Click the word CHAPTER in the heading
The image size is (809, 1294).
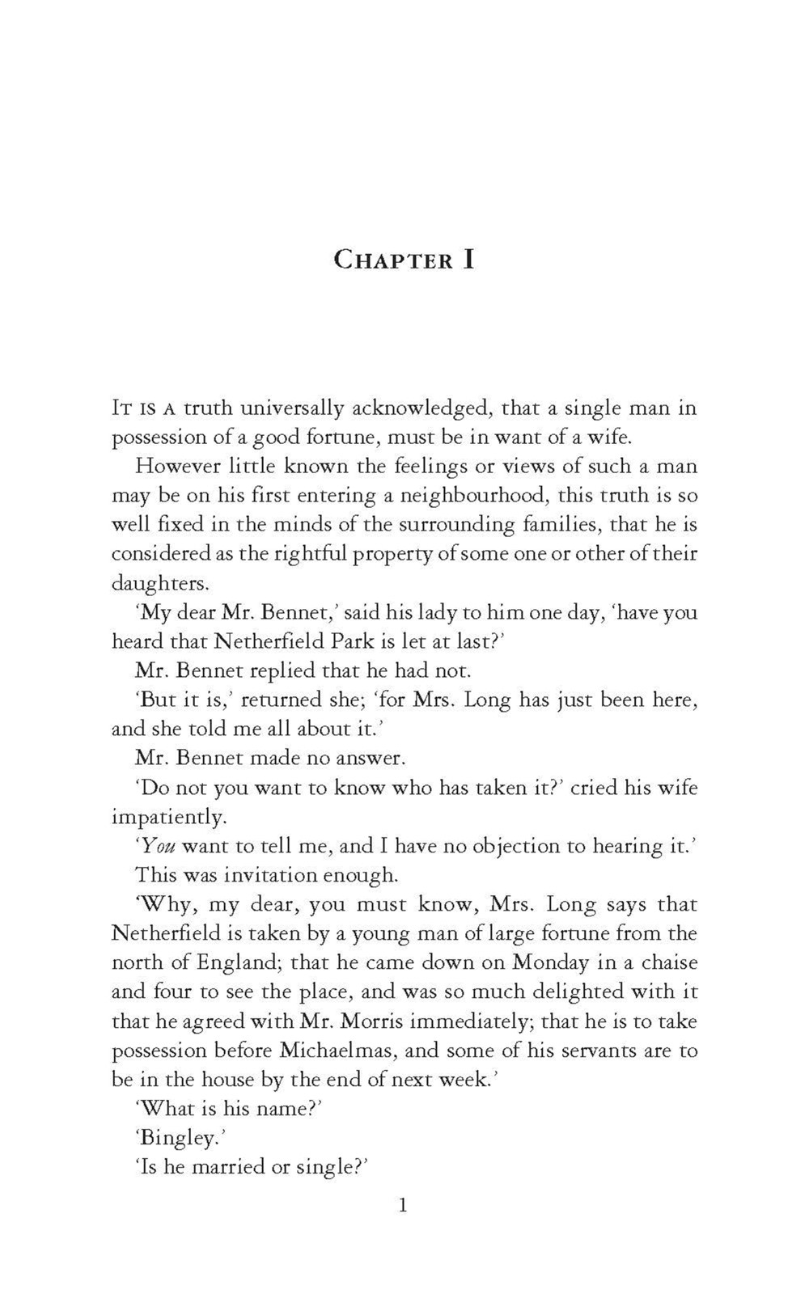[393, 261]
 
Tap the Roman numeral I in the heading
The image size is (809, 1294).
[468, 260]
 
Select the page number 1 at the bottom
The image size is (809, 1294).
[404, 1206]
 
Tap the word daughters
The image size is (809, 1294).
[159, 584]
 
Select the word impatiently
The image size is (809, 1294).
[167, 817]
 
